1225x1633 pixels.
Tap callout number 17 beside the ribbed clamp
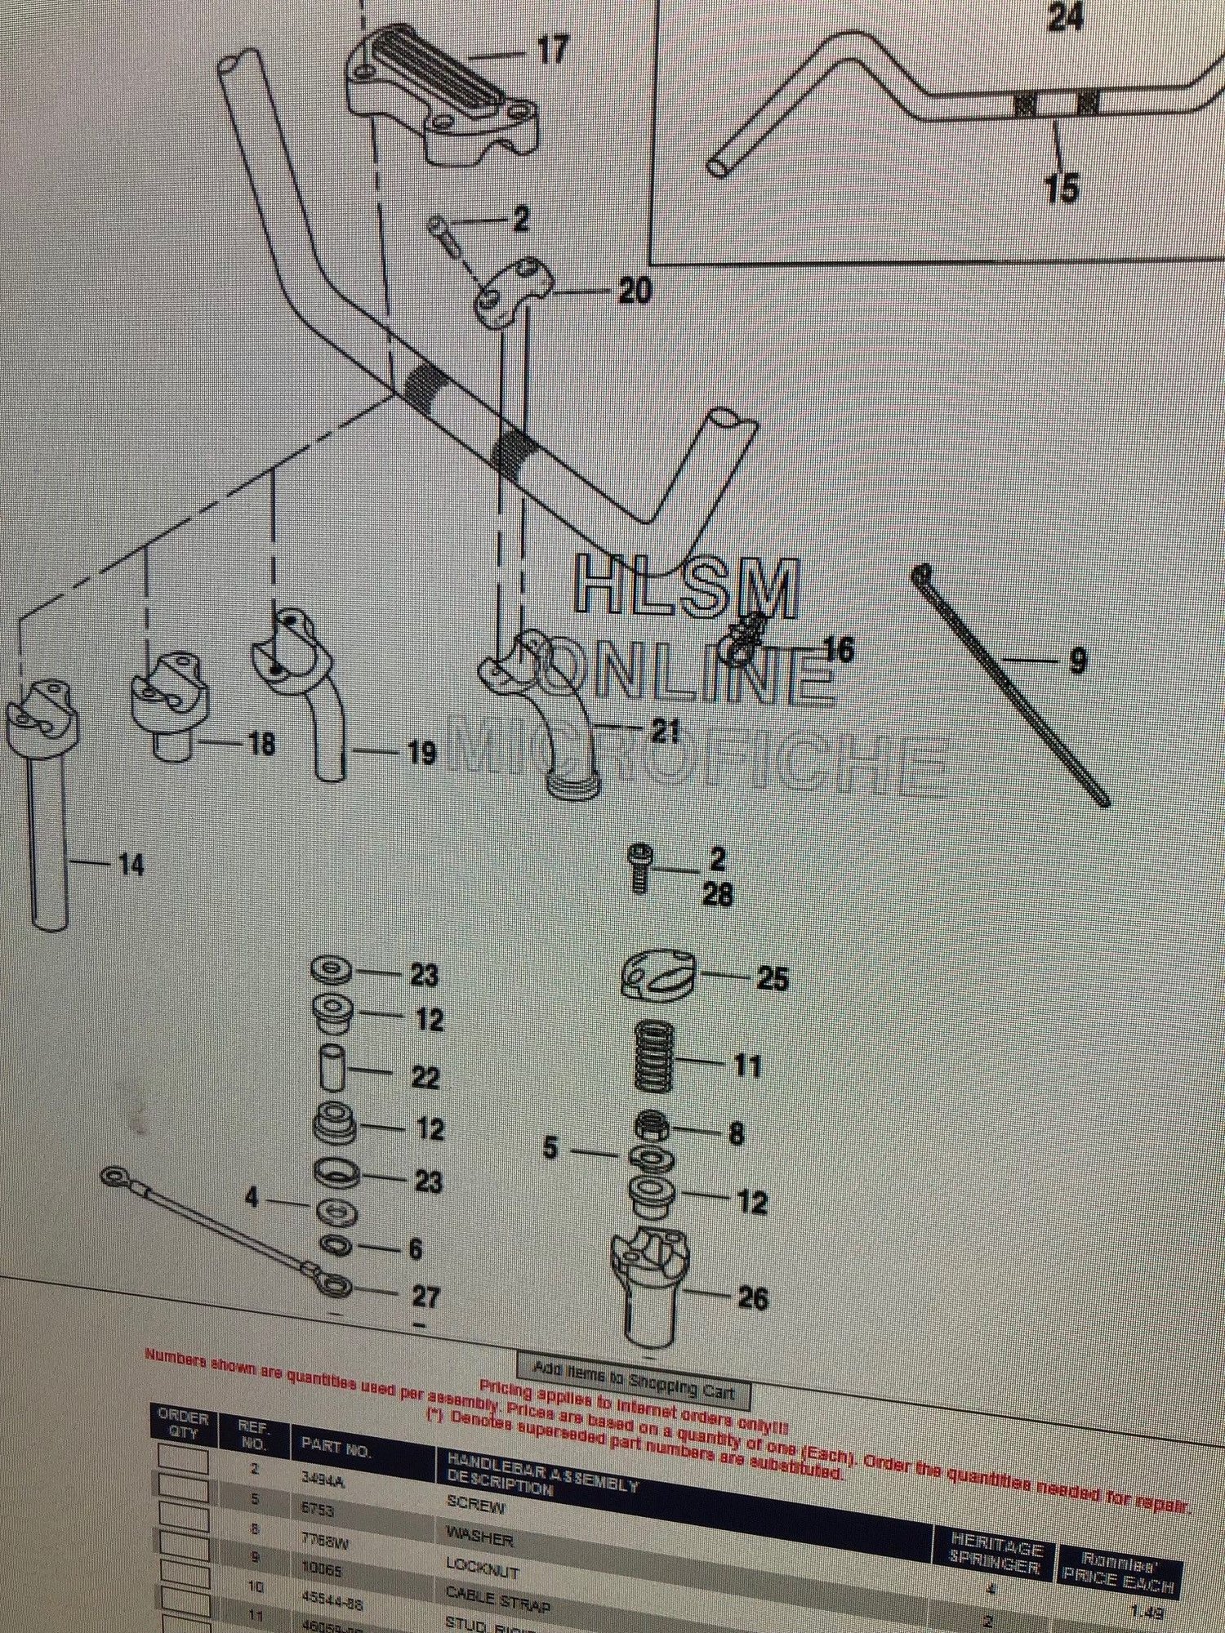click(551, 50)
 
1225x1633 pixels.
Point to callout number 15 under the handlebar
click(1061, 188)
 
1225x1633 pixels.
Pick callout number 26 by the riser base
click(752, 1297)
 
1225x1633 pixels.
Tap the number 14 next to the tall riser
click(131, 864)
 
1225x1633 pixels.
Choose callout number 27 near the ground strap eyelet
click(425, 1296)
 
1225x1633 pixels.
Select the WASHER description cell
click(479, 1540)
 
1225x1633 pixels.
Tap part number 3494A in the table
click(323, 1479)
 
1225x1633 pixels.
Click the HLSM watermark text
click(686, 588)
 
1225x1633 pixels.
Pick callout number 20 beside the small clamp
click(635, 290)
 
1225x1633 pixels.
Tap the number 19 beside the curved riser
click(421, 753)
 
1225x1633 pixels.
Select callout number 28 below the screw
click(718, 895)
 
